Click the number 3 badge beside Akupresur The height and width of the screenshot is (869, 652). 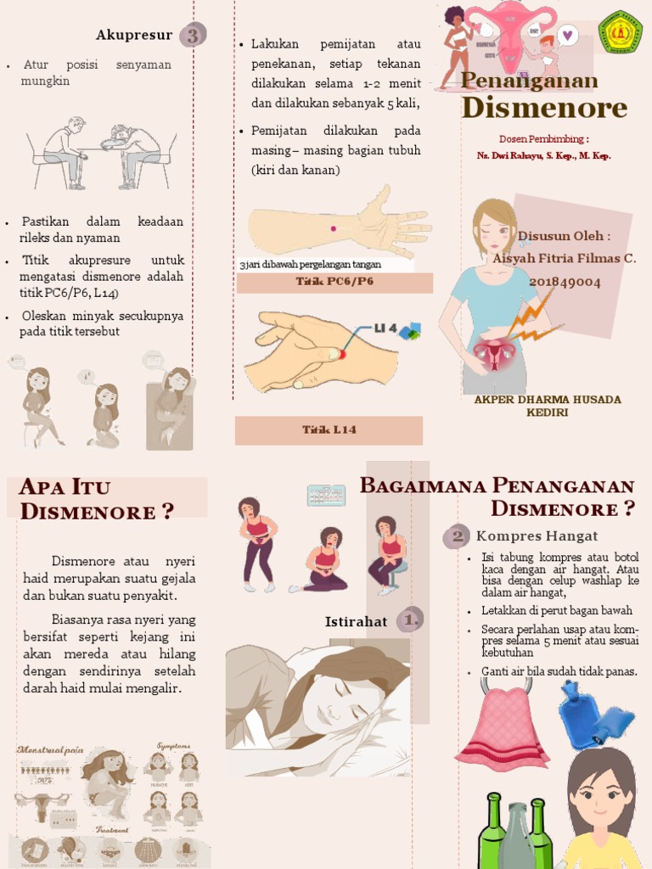(193, 36)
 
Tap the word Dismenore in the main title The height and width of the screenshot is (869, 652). (543, 109)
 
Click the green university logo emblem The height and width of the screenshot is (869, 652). (620, 32)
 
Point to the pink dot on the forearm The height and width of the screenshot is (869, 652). (333, 228)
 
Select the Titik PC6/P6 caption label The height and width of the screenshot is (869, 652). (334, 283)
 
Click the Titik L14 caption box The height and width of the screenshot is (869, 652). (329, 430)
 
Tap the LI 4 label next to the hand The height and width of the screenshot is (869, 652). (385, 328)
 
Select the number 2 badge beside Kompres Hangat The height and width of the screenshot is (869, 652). (458, 536)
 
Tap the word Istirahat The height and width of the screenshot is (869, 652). (356, 622)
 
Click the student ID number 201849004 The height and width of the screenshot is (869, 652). (565, 282)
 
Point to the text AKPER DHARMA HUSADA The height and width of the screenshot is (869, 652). (547, 399)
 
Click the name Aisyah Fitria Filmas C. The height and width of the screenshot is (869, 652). (565, 259)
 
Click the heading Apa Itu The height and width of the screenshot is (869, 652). (65, 487)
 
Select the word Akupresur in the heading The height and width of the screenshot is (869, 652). (134, 36)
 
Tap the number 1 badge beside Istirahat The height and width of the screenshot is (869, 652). (411, 620)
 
